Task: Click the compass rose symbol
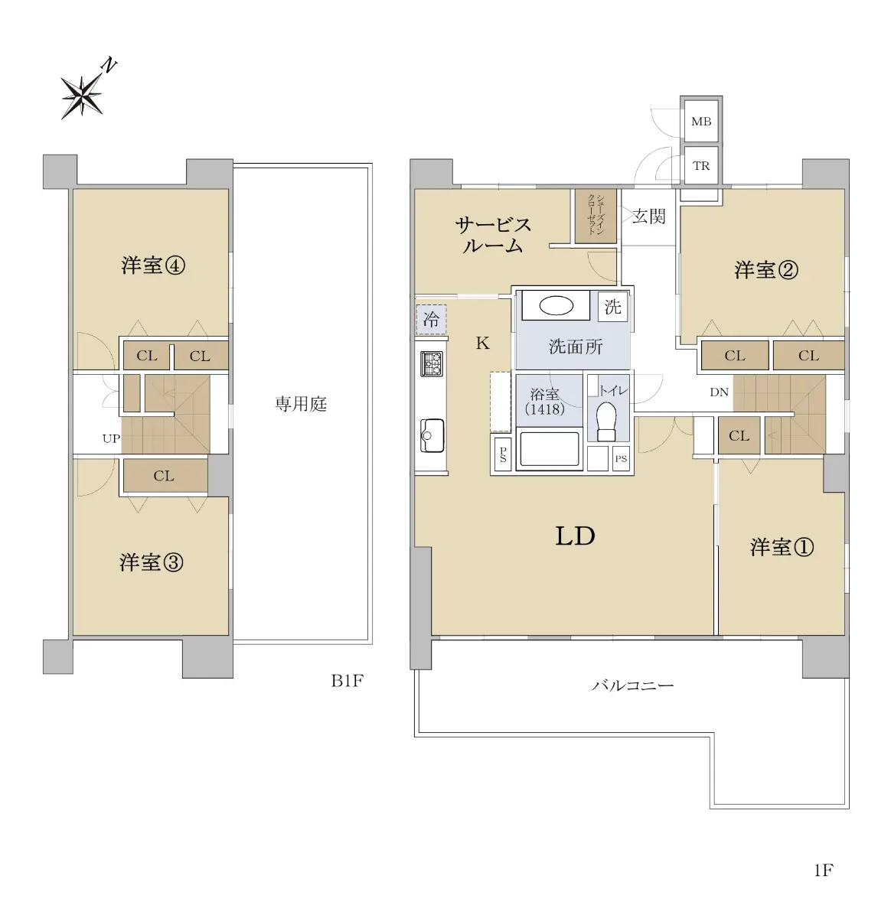click(83, 96)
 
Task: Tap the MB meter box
click(701, 121)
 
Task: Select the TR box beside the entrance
click(701, 165)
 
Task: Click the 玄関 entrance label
click(649, 216)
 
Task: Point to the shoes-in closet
click(596, 216)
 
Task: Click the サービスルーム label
click(493, 236)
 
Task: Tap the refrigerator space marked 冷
click(431, 319)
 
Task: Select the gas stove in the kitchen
click(432, 363)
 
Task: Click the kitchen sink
click(432, 435)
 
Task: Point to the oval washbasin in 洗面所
click(556, 306)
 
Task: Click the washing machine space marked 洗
click(612, 307)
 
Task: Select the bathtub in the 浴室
click(547, 450)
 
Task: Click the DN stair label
click(719, 392)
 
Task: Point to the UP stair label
click(112, 438)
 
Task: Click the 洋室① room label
click(782, 547)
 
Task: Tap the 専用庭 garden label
click(301, 404)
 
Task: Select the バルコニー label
click(633, 685)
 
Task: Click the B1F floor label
click(347, 681)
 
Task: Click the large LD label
click(576, 536)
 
